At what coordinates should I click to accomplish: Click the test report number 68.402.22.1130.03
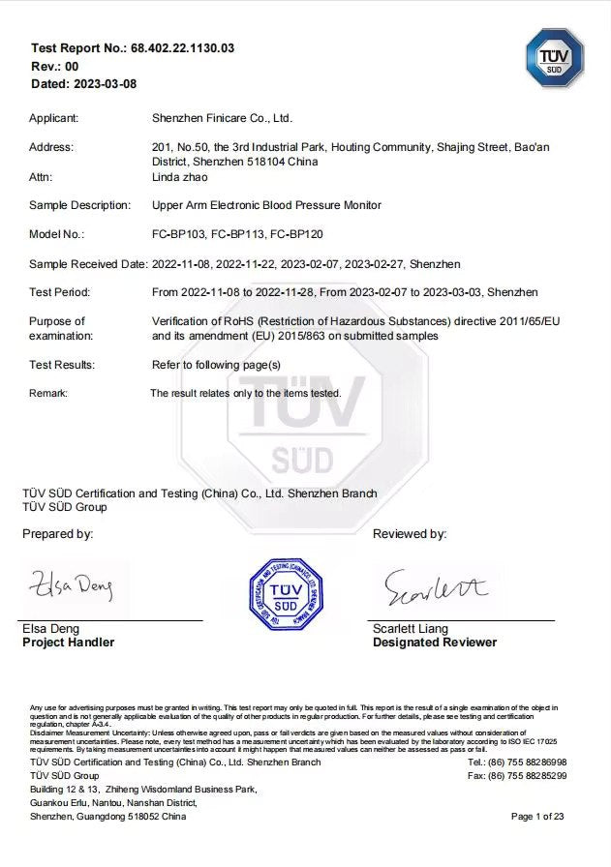182,47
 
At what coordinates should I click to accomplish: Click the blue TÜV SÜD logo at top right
554,58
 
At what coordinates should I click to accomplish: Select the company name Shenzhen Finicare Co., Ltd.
222,118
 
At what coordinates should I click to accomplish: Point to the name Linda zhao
180,177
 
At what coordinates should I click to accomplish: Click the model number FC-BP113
238,234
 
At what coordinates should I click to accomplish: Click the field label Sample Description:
79,205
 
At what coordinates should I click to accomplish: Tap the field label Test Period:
60,292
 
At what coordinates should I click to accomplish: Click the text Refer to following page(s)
216,365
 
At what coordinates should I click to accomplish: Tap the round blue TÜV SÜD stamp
286,593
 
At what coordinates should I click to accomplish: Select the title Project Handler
68,643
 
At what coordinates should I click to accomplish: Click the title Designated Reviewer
434,643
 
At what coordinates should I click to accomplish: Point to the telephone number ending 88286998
517,762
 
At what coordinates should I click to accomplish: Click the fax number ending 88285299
517,776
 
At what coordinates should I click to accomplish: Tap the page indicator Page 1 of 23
537,817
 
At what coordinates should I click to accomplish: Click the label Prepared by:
58,534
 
